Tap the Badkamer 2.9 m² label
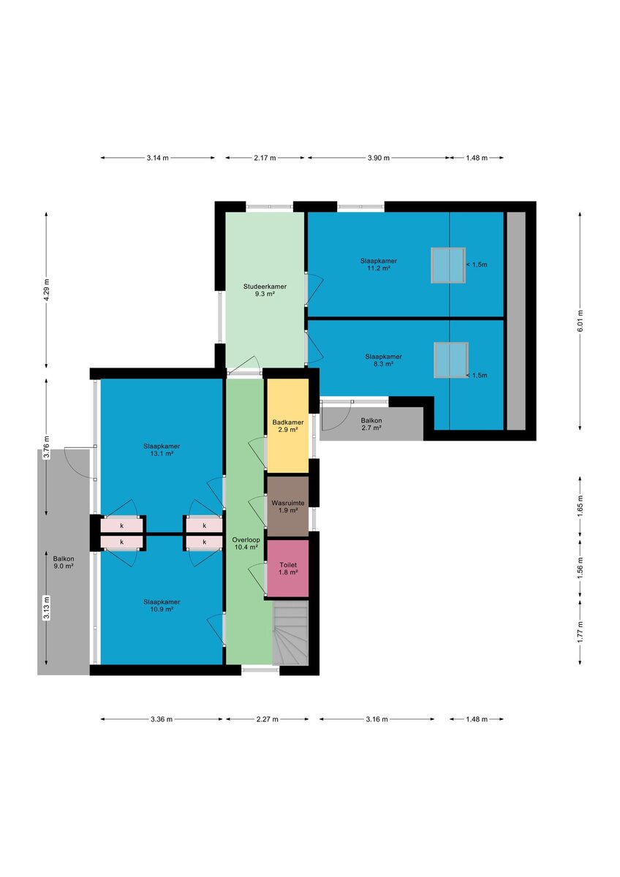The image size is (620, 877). tap(288, 425)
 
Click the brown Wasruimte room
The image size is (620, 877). tap(287, 506)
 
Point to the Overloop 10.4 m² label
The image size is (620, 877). tap(246, 544)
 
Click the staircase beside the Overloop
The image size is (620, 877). tap(290, 633)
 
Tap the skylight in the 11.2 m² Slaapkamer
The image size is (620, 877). tap(448, 265)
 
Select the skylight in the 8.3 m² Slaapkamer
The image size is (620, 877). tap(451, 360)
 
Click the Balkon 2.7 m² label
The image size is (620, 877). tap(371, 424)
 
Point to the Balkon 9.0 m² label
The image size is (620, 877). tap(64, 563)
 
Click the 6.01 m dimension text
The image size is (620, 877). tap(580, 321)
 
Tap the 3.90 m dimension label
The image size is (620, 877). tap(378, 158)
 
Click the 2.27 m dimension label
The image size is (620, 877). tap(267, 719)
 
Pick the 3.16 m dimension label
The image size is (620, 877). tap(377, 719)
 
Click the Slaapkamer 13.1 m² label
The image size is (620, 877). tap(162, 450)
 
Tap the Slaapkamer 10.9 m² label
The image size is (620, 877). tap(162, 606)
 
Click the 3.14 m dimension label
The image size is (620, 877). tap(157, 158)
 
